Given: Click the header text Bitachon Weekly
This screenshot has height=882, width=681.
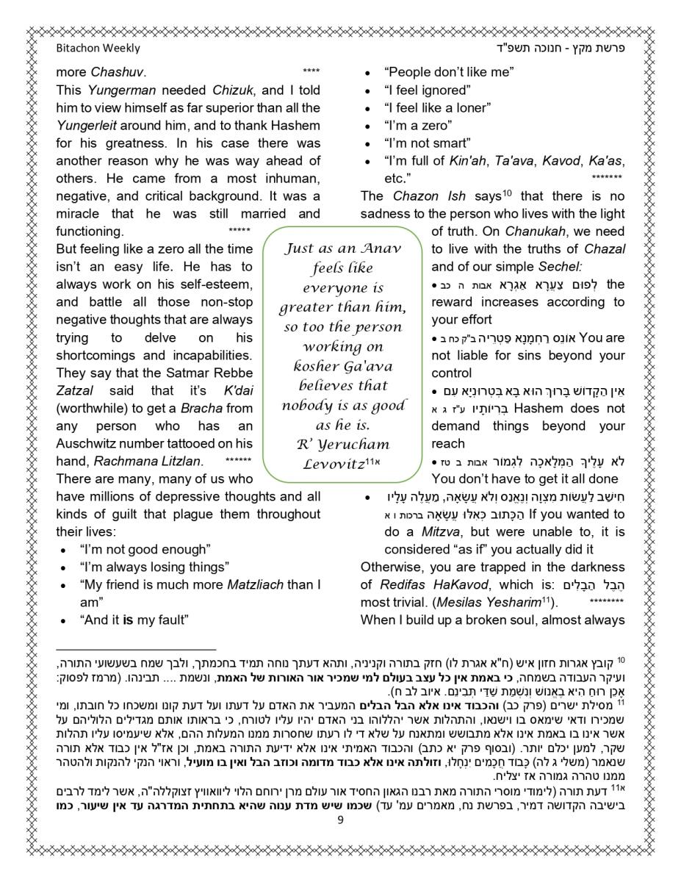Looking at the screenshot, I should (x=98, y=49).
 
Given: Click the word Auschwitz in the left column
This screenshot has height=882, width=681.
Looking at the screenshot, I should (x=90, y=443).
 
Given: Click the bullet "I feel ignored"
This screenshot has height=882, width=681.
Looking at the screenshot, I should (x=427, y=90).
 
